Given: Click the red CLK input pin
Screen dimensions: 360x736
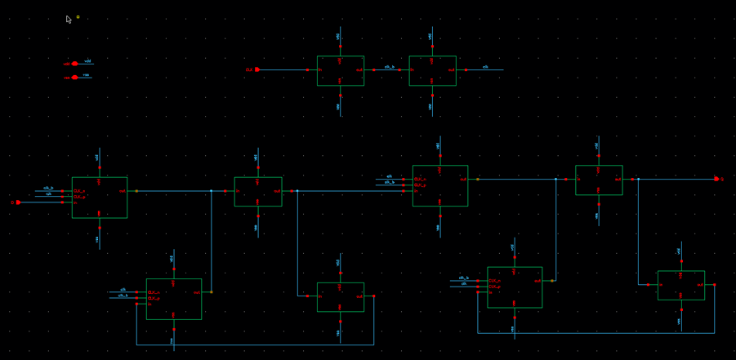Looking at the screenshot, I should (x=256, y=69).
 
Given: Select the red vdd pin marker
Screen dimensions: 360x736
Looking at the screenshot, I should (x=74, y=64).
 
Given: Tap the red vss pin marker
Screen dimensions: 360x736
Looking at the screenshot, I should (x=74, y=78).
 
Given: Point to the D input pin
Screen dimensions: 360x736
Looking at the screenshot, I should (x=18, y=202).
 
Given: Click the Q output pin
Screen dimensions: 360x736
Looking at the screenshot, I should (x=716, y=179).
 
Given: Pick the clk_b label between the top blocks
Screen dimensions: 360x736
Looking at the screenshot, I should (x=389, y=67).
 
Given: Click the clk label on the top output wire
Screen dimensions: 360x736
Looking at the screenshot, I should (x=485, y=67).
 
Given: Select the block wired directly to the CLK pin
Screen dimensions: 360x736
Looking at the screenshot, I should (x=340, y=70).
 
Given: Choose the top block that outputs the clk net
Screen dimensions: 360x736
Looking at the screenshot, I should (x=432, y=70).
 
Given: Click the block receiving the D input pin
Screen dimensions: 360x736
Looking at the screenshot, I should (x=99, y=198).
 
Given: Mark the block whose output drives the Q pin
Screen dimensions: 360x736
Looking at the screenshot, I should (x=598, y=180).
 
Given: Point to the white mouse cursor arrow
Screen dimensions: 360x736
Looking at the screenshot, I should (x=69, y=19).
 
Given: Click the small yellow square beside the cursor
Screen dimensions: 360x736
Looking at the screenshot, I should (x=78, y=17).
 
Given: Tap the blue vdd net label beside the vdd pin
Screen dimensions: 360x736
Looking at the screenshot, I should (x=87, y=61).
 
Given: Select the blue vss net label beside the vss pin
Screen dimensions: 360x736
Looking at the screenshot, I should (x=86, y=75).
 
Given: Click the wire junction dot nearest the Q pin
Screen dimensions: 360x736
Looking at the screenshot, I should (x=638, y=180).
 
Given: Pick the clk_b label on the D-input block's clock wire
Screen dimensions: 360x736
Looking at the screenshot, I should (x=48, y=189).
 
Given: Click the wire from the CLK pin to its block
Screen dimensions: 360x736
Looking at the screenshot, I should (x=283, y=70).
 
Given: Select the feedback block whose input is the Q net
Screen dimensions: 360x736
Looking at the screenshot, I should (x=680, y=285).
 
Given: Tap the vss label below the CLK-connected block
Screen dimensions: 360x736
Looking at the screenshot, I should (x=338, y=106).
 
